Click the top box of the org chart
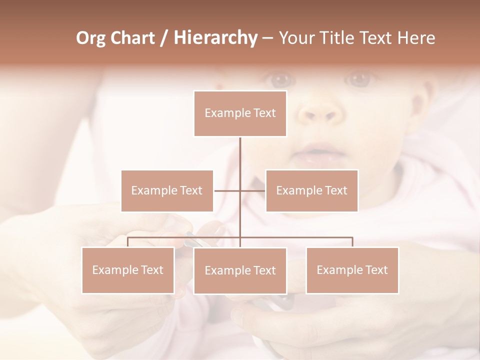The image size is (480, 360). (x=240, y=113)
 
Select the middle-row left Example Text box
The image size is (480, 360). (x=167, y=190)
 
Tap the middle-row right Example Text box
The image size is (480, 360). (x=311, y=190)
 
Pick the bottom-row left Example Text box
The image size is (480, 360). (x=128, y=270)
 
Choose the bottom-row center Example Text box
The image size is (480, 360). (x=240, y=270)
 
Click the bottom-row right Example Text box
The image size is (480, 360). (x=352, y=270)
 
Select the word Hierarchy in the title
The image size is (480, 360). (x=215, y=38)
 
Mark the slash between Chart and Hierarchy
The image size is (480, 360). (x=164, y=38)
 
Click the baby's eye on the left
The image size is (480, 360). (x=281, y=79)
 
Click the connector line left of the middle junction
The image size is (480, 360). (x=227, y=190)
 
